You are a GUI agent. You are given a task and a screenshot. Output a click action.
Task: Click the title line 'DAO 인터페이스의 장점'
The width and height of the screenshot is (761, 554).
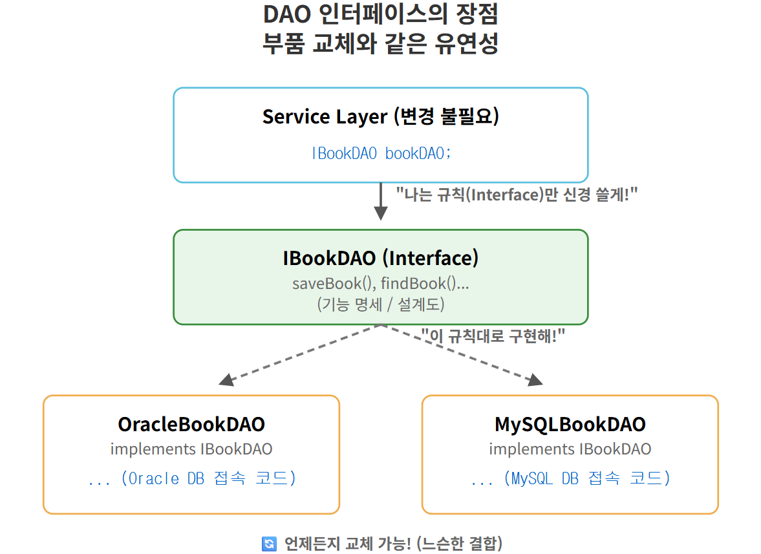click(380, 14)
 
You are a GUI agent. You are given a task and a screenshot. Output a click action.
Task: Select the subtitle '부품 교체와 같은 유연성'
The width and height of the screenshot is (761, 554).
click(380, 45)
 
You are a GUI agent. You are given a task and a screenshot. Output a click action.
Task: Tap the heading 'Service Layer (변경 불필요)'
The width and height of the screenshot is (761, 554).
click(380, 116)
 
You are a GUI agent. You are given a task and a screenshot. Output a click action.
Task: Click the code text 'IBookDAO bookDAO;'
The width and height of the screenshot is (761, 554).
click(380, 153)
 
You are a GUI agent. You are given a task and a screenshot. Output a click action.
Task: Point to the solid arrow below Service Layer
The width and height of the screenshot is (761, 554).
click(381, 201)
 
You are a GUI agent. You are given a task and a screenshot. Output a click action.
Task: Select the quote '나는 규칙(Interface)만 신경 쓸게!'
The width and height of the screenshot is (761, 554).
click(517, 195)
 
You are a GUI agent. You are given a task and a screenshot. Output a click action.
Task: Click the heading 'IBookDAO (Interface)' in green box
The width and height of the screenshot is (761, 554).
click(380, 258)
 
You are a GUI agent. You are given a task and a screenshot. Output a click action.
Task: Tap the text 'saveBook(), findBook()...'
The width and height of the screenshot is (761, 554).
click(380, 283)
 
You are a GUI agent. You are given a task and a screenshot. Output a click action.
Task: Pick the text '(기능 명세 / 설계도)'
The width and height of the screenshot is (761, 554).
click(380, 304)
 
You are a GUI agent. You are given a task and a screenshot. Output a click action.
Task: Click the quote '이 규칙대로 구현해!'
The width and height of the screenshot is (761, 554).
click(493, 336)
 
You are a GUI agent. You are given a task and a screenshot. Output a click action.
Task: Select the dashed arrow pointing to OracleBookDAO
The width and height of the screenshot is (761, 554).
click(301, 355)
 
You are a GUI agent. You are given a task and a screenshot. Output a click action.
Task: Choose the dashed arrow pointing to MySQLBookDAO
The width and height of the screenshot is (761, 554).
click(462, 355)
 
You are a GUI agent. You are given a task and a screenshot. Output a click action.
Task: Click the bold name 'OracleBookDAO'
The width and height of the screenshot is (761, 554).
click(191, 424)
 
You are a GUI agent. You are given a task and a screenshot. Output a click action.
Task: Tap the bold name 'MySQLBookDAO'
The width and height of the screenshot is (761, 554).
click(570, 424)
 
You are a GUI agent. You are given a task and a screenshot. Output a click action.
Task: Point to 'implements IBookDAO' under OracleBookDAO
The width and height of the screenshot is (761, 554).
click(191, 449)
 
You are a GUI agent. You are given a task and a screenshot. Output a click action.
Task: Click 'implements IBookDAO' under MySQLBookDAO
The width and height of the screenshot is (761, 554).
click(570, 449)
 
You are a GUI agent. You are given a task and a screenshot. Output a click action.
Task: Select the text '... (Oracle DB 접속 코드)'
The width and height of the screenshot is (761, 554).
click(191, 479)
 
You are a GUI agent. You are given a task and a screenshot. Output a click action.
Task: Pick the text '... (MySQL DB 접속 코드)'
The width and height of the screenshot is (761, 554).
click(570, 479)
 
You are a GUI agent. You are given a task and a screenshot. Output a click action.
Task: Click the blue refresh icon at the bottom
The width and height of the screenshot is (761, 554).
click(269, 544)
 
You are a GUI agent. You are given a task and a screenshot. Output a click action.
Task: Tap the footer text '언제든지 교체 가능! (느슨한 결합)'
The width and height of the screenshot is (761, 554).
click(393, 544)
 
